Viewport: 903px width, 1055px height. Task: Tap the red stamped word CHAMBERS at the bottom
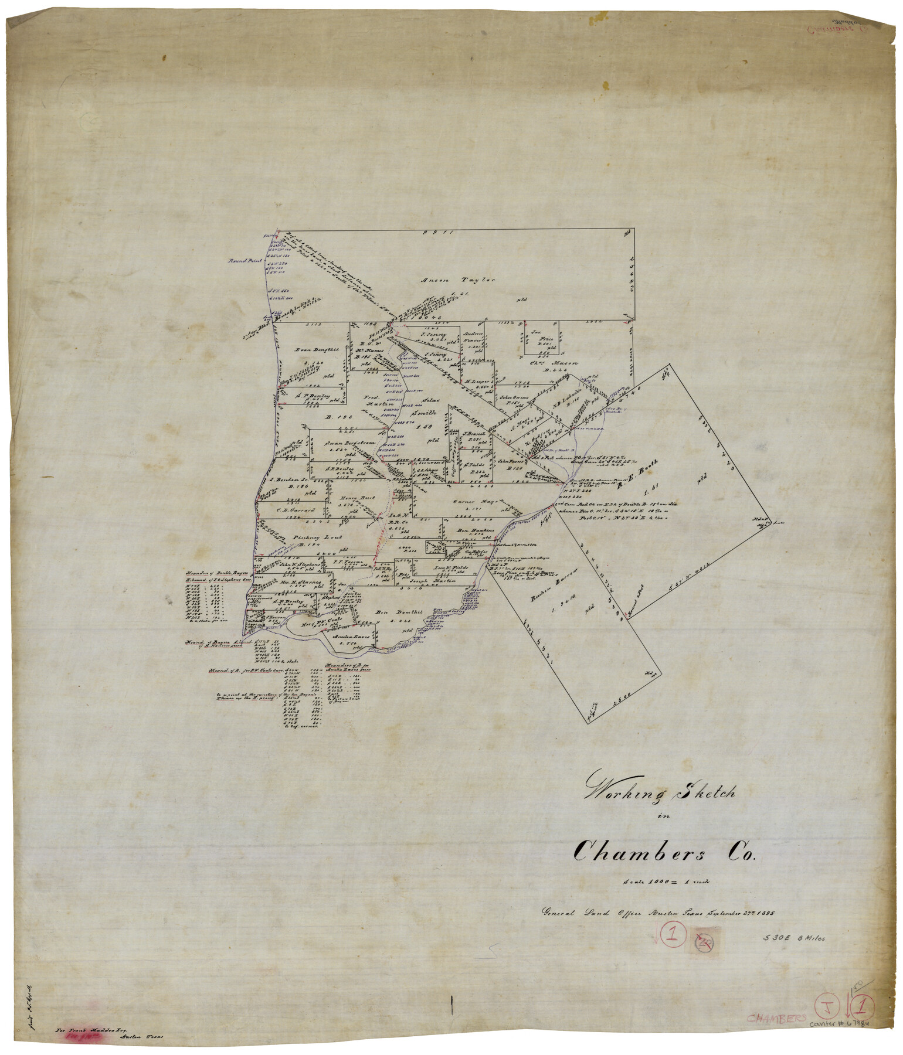[776, 1019]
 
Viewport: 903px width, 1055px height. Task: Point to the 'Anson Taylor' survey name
[459, 280]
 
